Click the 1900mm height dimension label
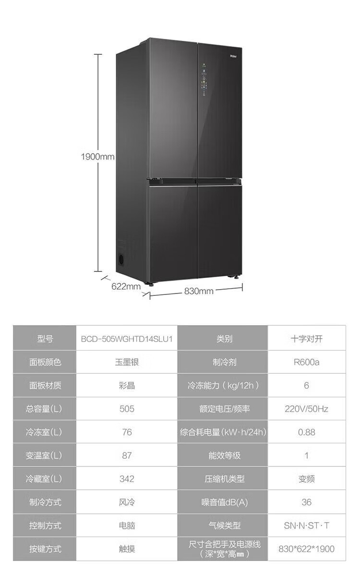97,157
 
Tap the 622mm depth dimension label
126,286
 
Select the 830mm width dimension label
198,291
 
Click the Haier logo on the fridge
231,56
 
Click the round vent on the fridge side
122,259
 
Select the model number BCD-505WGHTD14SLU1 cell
127,338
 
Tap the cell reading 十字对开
306,338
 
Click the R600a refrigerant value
306,362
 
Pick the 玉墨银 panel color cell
127,362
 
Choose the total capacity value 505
127,409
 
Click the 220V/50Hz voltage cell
306,409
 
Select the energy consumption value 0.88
306,432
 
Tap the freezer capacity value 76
127,432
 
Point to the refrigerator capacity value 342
127,479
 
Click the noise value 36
306,502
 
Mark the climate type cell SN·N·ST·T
306,525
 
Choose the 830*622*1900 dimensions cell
306,549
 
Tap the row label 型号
45,338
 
